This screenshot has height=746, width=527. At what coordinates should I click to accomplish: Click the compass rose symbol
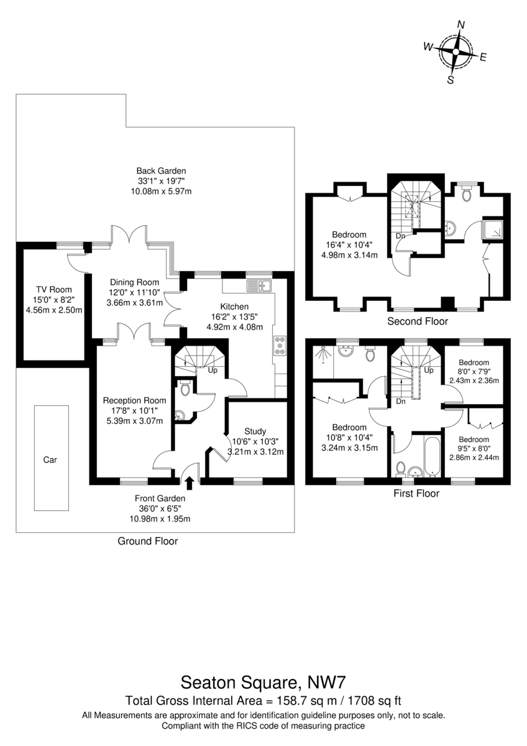pos(456,52)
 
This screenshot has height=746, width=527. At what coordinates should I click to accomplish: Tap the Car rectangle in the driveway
pos(51,458)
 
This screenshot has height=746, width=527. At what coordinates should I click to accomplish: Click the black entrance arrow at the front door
pos(190,483)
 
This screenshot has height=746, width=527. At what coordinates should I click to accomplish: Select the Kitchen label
pos(234,306)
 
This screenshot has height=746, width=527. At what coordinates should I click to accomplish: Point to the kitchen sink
pos(259,286)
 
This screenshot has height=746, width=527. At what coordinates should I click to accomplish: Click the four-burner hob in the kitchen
pos(280,346)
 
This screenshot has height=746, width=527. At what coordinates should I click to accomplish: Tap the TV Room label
pos(54,290)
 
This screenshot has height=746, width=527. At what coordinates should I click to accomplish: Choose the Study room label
pos(255,431)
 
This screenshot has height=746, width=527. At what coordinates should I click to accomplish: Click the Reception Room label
pos(134,400)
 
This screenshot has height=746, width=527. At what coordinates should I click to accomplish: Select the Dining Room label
pos(134,282)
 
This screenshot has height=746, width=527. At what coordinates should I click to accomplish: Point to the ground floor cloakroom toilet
pos(184,388)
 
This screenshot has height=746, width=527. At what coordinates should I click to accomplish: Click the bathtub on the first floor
pos(433,455)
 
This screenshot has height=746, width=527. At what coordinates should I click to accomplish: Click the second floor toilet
pos(466,193)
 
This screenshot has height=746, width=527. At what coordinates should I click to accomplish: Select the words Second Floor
pos(418,321)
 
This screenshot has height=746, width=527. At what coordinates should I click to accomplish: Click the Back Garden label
pos(161,171)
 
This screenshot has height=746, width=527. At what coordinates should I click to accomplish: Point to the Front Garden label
pos(160,499)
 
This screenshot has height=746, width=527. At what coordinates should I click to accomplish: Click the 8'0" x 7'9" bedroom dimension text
pos(474,371)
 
